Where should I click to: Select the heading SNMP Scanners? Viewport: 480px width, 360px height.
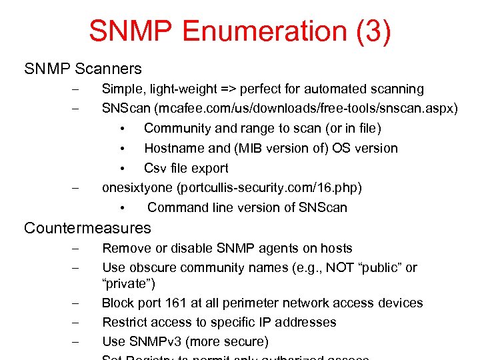[83, 69]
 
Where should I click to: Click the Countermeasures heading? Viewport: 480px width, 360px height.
[87, 228]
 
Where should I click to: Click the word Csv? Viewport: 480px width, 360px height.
[155, 168]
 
